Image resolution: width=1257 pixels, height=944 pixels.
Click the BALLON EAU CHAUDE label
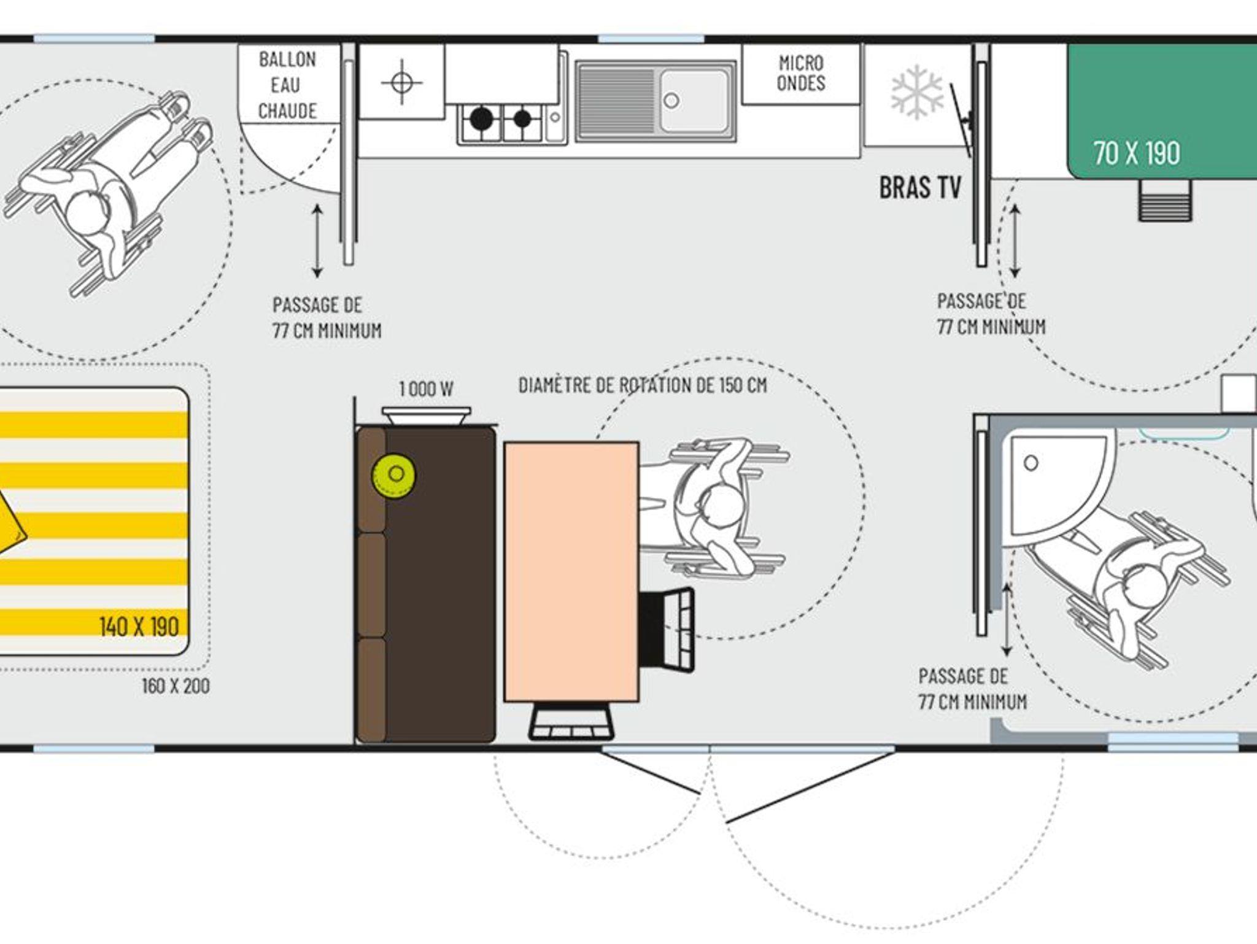pyautogui.click(x=287, y=85)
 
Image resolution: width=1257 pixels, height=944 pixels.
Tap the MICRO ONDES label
pyautogui.click(x=801, y=72)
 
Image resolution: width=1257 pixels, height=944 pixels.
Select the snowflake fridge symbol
pyautogui.click(x=917, y=92)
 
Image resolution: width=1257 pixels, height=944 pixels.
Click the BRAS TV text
pyautogui.click(x=920, y=188)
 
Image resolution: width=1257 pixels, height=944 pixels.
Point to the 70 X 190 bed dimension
pyautogui.click(x=1137, y=153)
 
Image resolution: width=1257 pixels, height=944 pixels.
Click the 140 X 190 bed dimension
pyautogui.click(x=139, y=627)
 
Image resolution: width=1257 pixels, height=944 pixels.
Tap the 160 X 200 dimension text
pyautogui.click(x=176, y=686)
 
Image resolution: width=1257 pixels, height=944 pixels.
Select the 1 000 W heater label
pyautogui.click(x=426, y=389)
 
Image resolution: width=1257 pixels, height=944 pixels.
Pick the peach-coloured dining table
pyautogui.click(x=571, y=571)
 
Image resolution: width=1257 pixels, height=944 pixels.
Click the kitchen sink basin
pyautogui.click(x=695, y=100)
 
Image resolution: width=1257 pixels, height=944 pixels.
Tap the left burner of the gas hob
pyautogui.click(x=481, y=119)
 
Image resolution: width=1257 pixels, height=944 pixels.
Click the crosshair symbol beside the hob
pyautogui.click(x=401, y=82)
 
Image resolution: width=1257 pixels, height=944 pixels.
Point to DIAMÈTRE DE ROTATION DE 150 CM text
pyautogui.click(x=643, y=385)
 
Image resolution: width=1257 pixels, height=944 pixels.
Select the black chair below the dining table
pyautogui.click(x=571, y=722)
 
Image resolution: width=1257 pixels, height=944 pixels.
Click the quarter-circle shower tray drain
pyautogui.click(x=1031, y=463)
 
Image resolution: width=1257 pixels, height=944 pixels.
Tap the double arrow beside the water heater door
pyautogui.click(x=317, y=241)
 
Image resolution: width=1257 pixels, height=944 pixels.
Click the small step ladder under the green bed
pyautogui.click(x=1165, y=200)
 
